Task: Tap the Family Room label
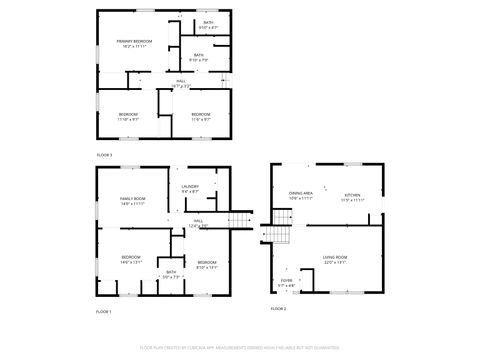(x=133, y=199)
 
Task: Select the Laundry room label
(x=190, y=187)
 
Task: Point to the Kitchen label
(x=352, y=195)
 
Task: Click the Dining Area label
(x=301, y=194)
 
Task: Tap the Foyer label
(x=287, y=282)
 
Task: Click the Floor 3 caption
(x=104, y=155)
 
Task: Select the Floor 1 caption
(x=104, y=312)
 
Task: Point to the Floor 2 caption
(x=278, y=309)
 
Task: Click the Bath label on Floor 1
(x=170, y=272)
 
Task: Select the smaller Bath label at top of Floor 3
(x=208, y=22)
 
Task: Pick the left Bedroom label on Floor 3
(x=128, y=115)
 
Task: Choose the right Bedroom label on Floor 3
(x=201, y=115)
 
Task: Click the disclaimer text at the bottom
(x=240, y=348)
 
